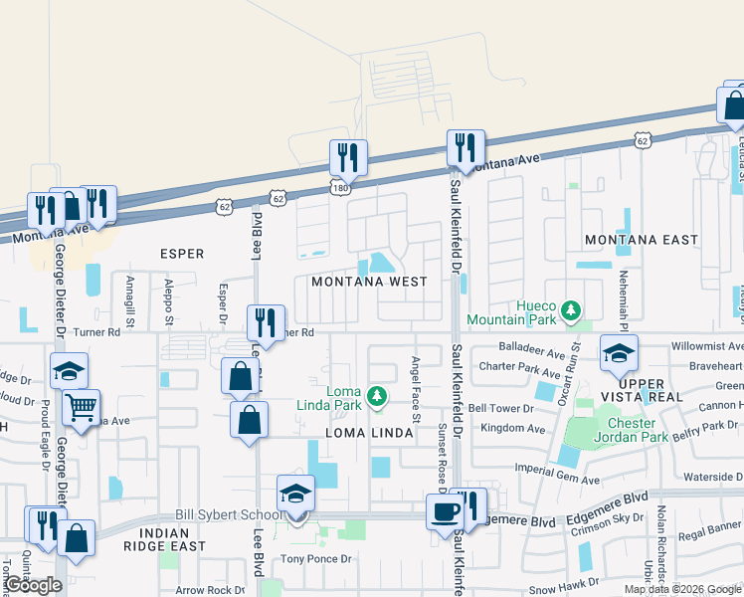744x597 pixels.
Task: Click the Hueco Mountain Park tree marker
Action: (x=571, y=311)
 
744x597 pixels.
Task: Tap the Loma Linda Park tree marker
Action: (x=376, y=397)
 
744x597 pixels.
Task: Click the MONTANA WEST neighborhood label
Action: (x=369, y=282)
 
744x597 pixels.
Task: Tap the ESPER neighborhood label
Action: (x=182, y=254)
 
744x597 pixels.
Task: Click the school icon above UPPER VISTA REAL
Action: (x=619, y=353)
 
